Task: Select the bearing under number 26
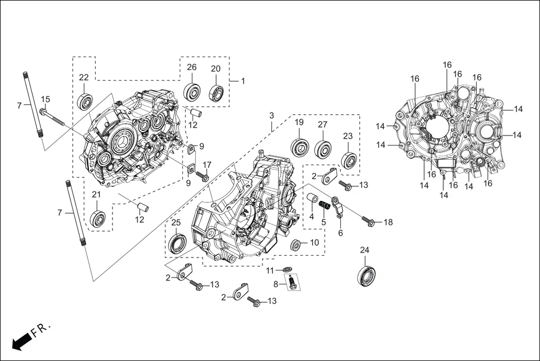point(193,91)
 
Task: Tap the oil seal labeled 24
point(366,275)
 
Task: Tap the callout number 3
point(271,116)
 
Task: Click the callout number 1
point(243,81)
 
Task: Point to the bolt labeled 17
point(204,177)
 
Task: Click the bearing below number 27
point(323,149)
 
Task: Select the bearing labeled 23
point(349,160)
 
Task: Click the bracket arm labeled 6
point(338,208)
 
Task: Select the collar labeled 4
point(312,200)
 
